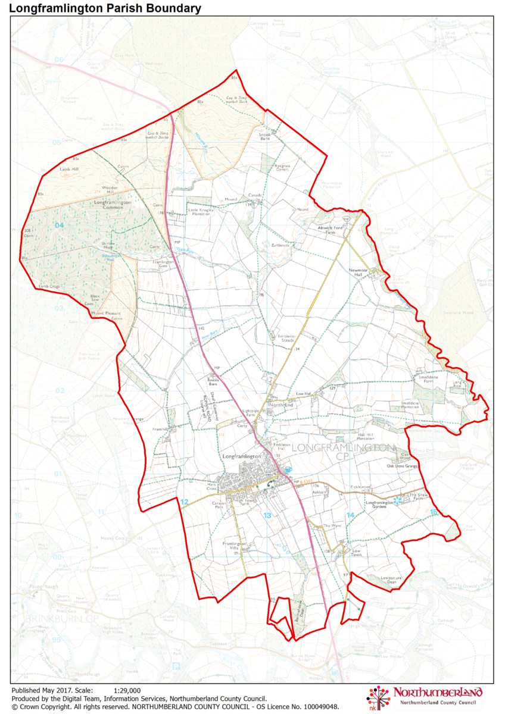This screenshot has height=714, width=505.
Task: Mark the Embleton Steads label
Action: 287,337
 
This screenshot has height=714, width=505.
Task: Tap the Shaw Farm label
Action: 418,497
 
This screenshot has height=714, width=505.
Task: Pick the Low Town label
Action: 357,553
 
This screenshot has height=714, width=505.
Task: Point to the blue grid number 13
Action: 267,515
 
